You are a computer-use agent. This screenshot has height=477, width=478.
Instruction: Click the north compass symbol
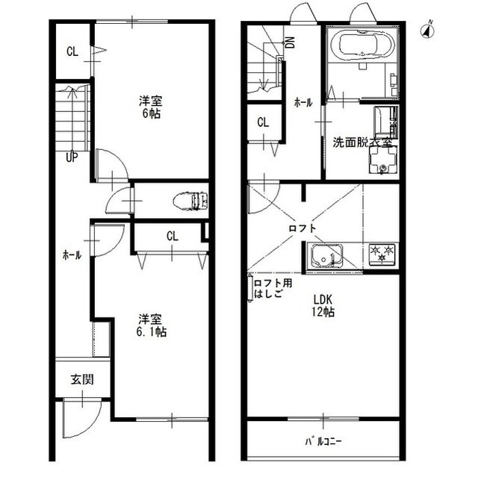[x=428, y=31]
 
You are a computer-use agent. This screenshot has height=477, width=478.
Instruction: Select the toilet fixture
[x=190, y=200]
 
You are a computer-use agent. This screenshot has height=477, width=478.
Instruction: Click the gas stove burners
[x=382, y=253]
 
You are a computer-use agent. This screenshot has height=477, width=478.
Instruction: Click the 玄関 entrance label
[x=82, y=379]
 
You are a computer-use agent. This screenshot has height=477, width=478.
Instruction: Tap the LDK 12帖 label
[x=323, y=305]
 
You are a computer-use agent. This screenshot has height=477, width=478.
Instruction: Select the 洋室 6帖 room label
[x=151, y=107]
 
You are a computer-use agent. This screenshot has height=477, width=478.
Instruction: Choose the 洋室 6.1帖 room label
[x=151, y=325]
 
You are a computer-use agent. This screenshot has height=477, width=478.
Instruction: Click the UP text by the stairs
[x=72, y=158]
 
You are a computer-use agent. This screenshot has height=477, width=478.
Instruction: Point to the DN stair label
[x=291, y=43]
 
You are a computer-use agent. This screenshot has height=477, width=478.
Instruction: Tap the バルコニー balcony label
[x=323, y=441]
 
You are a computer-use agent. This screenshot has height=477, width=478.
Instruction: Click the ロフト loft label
[x=302, y=228]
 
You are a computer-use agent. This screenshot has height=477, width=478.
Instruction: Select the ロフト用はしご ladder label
[x=273, y=288]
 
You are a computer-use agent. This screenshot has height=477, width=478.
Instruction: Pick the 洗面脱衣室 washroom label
[x=362, y=143]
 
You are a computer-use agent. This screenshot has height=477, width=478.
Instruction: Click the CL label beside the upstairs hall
[x=263, y=122]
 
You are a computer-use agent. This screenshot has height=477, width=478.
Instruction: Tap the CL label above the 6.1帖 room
[x=173, y=236]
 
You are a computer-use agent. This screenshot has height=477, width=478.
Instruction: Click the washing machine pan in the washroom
[x=383, y=160]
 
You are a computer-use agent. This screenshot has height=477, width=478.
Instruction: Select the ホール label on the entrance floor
[x=72, y=255]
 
